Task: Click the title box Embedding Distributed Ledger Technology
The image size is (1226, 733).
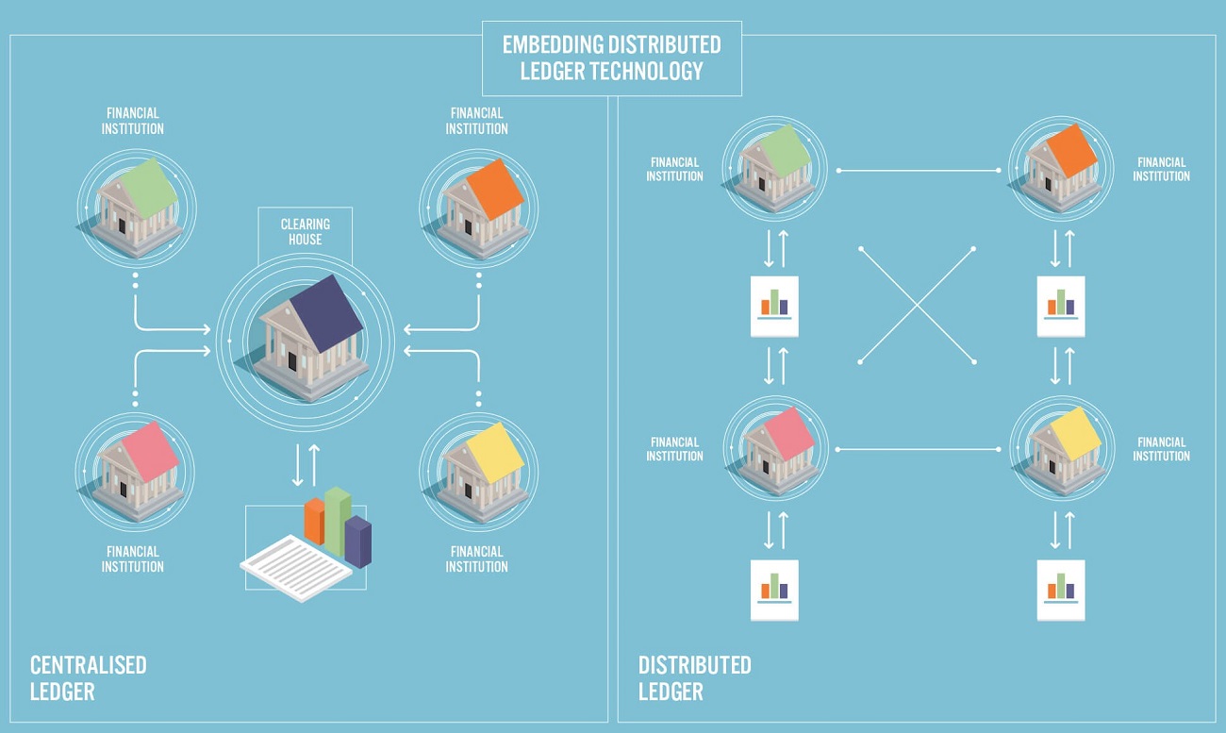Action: point(612,58)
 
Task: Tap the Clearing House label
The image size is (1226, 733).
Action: point(306,231)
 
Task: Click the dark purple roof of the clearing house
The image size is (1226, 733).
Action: point(325,312)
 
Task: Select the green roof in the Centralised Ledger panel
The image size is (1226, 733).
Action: point(149,187)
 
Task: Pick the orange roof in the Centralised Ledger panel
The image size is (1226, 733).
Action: point(495,189)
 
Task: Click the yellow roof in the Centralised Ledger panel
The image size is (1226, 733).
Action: point(495,452)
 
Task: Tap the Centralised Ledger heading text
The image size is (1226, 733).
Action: point(88,678)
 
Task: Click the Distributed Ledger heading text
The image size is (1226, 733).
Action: point(694,678)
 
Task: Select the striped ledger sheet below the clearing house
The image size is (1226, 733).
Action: point(296,568)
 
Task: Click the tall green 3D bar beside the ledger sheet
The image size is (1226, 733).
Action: point(338,521)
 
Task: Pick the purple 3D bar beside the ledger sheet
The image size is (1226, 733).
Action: point(358,541)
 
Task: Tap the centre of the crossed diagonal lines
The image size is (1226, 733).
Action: point(918,306)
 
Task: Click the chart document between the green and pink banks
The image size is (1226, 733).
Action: point(774,306)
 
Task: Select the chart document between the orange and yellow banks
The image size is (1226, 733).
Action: point(1061,306)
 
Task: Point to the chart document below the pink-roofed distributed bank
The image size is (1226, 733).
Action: point(774,591)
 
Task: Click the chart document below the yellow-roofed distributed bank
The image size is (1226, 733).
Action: point(1061,591)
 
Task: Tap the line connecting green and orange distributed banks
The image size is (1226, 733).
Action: point(919,171)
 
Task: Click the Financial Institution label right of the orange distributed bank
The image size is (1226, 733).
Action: point(1161,169)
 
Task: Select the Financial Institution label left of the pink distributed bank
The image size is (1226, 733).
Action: point(674,449)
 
